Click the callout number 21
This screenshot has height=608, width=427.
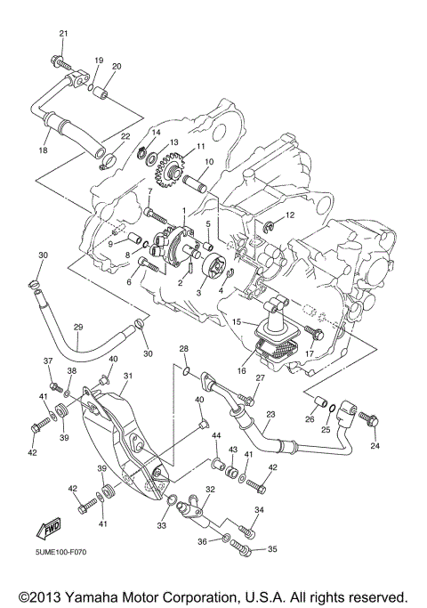click(x=63, y=34)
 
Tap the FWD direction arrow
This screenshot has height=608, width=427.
click(x=50, y=531)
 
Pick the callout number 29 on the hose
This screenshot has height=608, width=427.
click(x=77, y=328)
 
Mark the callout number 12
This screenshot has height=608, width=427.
click(x=289, y=216)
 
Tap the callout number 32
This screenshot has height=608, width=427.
click(x=210, y=490)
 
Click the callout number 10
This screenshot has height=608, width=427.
click(x=209, y=162)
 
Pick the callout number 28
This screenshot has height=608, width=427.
click(x=184, y=348)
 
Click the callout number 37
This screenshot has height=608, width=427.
click(x=49, y=361)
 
